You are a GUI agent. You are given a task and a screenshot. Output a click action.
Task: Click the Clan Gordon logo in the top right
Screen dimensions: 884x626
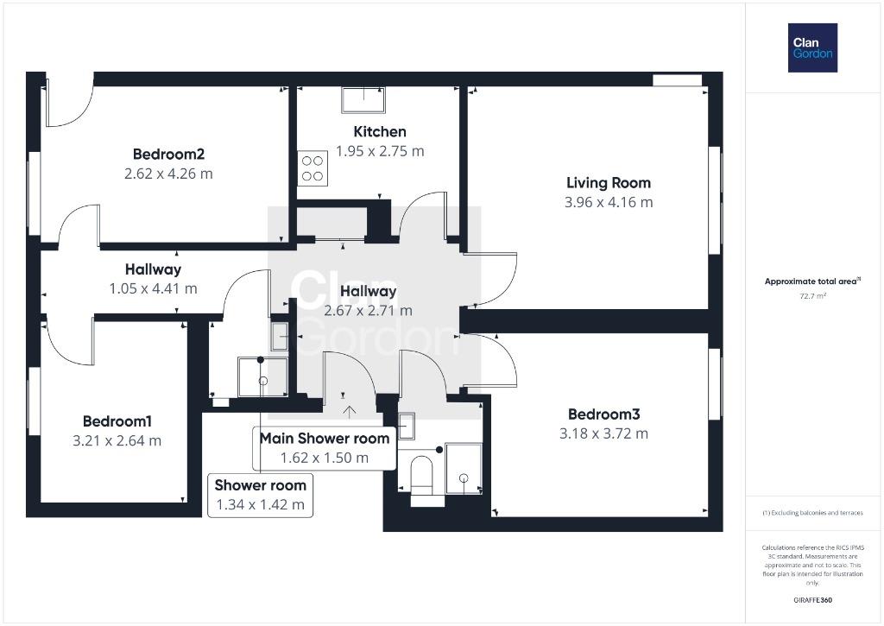coord(812,48)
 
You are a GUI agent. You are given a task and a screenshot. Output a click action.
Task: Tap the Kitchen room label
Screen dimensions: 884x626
coord(380,131)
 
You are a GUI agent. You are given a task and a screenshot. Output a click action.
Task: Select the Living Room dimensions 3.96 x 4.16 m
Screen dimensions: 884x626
coord(609,202)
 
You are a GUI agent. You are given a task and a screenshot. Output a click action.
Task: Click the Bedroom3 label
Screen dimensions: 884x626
coord(603,414)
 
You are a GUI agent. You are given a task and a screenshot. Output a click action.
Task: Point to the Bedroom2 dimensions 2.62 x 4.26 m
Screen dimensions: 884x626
coord(168,174)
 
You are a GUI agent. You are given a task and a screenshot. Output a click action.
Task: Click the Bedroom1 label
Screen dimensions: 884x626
coord(117,421)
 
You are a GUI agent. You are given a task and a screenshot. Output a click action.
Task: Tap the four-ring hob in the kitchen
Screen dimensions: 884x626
coord(313,168)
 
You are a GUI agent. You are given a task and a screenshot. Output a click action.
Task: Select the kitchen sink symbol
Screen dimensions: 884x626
coord(363,100)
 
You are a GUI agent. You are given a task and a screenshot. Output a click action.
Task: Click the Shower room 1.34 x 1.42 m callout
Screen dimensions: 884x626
coord(260,495)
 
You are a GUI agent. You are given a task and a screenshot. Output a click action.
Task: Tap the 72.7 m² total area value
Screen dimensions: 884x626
coord(812,296)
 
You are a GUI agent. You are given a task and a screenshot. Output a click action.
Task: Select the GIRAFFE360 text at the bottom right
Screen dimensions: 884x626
coord(812,600)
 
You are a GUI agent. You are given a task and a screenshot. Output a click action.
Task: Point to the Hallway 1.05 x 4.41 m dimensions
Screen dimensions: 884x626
coord(153,288)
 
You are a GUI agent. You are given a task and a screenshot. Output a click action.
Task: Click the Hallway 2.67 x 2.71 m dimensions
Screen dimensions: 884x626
coord(368,311)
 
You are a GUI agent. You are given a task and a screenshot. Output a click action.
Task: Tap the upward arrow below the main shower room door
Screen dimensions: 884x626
coord(350,412)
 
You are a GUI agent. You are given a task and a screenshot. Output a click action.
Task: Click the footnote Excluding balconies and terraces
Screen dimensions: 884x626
coord(812,513)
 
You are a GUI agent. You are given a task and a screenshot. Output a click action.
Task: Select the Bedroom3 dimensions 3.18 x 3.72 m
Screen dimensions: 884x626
coord(603,433)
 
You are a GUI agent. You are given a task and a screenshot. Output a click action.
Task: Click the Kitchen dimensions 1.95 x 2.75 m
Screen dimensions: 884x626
coord(380,151)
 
